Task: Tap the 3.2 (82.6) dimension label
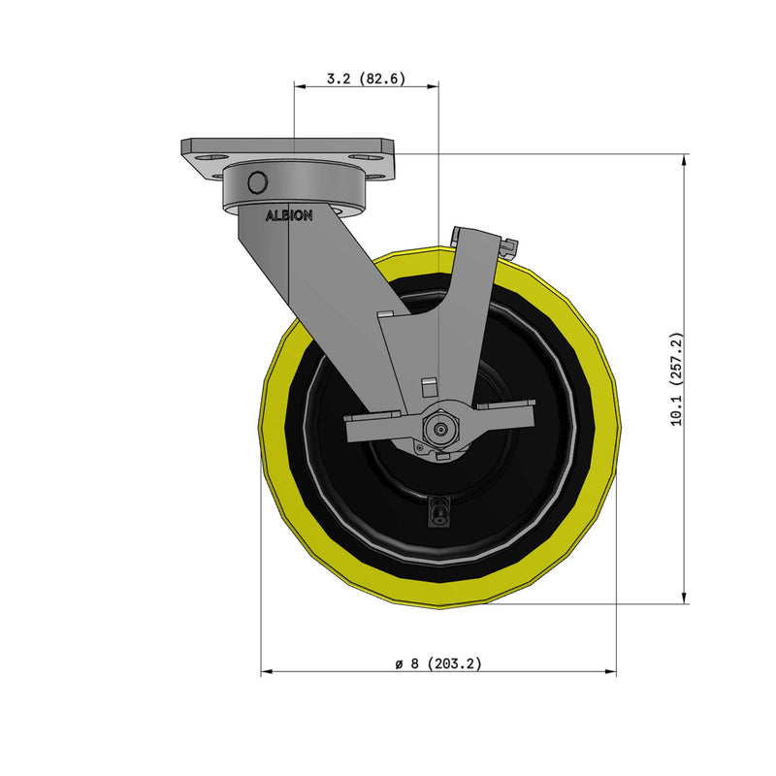(365, 79)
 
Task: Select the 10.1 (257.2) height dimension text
(678, 379)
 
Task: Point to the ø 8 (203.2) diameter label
(438, 663)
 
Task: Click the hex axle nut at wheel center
(439, 425)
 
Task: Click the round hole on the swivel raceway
(257, 182)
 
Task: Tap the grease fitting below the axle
(438, 512)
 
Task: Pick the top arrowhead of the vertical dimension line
(685, 159)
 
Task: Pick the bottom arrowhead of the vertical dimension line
(685, 597)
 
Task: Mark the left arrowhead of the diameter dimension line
(267, 671)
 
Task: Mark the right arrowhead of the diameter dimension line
(611, 671)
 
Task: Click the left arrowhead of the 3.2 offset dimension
(298, 86)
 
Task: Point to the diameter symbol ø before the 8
(399, 664)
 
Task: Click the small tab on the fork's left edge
(386, 315)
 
